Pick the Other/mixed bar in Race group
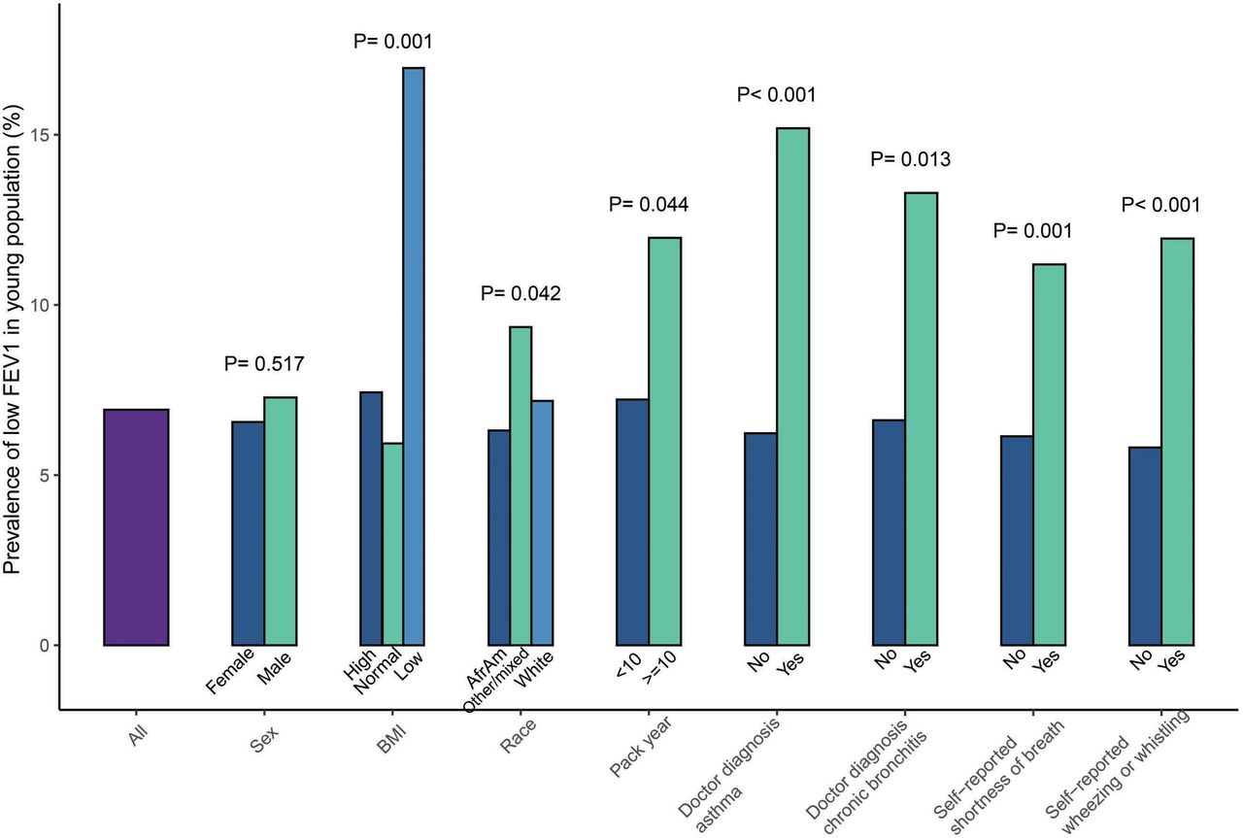(x=521, y=486)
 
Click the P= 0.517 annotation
(x=263, y=364)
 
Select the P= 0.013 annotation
(x=910, y=159)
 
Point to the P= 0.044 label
(x=649, y=204)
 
